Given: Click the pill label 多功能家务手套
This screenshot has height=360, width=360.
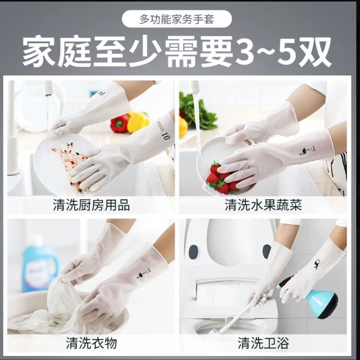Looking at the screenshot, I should click(x=177, y=19).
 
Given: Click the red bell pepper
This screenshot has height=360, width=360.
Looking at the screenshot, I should click(x=120, y=123).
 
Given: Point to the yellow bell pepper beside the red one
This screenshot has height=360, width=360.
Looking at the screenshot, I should click(x=138, y=122).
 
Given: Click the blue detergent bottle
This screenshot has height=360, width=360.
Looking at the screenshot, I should click(x=40, y=265).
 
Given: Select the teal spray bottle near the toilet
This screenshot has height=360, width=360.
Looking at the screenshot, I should click(x=317, y=298).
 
